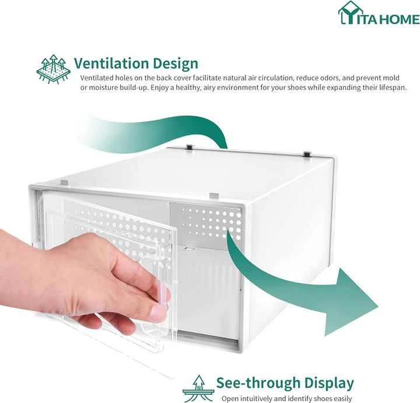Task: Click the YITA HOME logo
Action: (x=379, y=13)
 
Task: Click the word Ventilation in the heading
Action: (x=111, y=64)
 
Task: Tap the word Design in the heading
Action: (x=176, y=64)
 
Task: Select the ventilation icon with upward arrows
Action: (x=54, y=69)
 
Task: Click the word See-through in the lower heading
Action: (x=258, y=383)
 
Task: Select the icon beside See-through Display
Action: (x=198, y=388)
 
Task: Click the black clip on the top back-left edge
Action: (x=190, y=147)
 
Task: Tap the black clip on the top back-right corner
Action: (x=307, y=154)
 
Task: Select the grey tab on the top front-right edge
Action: (x=214, y=195)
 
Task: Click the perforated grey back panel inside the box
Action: (x=206, y=226)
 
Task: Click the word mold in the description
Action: (x=390, y=78)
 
